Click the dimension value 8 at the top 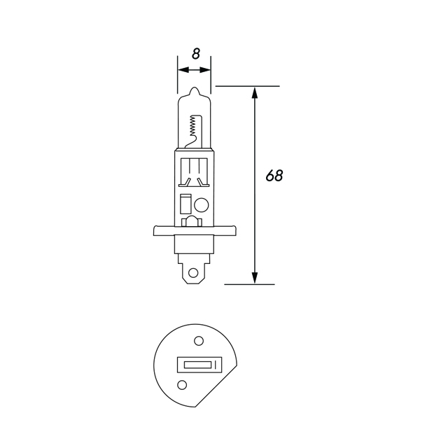[x=195, y=53]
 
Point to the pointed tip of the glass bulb [x=195, y=89]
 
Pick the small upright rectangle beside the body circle [x=185, y=204]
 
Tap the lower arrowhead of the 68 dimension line [x=254, y=278]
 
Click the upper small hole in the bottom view [x=198, y=341]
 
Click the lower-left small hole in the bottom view [x=183, y=384]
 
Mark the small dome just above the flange [x=190, y=223]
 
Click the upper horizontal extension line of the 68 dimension [x=248, y=86]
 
